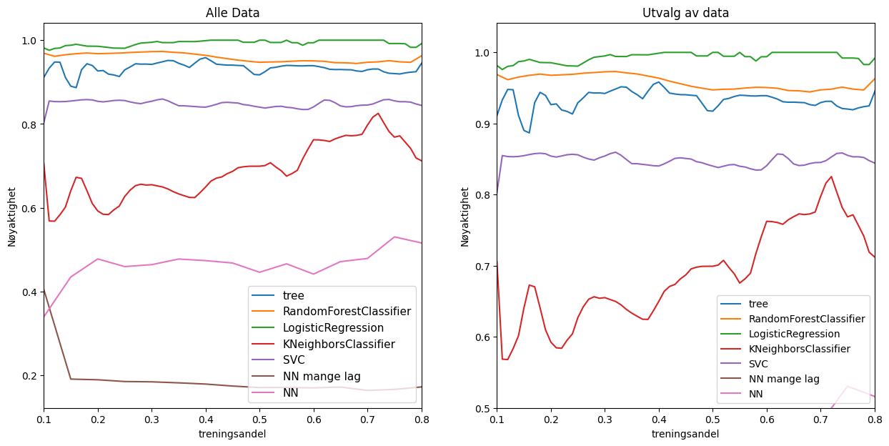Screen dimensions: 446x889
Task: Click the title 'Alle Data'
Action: coord(232,13)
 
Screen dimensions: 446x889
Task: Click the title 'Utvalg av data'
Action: coord(685,13)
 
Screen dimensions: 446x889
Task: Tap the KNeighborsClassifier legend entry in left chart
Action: coord(338,344)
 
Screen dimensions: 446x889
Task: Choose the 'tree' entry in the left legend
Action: coord(294,295)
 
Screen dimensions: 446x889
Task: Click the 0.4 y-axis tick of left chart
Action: coord(29,292)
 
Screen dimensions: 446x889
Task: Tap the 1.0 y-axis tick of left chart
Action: coord(29,41)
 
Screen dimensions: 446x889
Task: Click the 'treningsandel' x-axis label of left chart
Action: coord(232,434)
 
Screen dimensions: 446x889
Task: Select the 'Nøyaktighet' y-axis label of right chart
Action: coord(465,217)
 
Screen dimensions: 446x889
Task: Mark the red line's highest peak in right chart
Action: coord(831,177)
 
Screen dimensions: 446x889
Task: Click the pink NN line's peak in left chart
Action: coord(394,237)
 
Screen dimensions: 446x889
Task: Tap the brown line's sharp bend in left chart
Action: coord(71,379)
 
